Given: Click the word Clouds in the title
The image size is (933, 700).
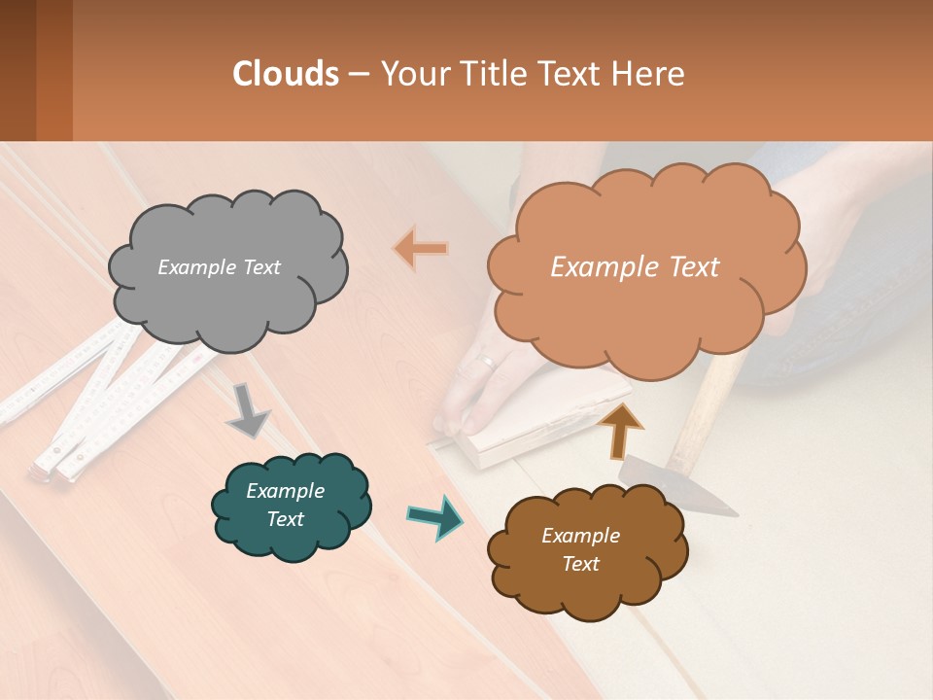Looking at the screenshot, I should click(286, 74).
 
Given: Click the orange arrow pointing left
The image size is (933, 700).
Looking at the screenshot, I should click(421, 249).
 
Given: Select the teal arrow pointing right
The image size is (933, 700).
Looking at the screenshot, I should click(434, 516).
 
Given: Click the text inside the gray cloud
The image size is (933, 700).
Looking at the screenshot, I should click(219, 267).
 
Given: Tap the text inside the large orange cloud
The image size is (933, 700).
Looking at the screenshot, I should click(635, 267).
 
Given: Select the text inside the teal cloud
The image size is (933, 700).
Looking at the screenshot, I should click(286, 505).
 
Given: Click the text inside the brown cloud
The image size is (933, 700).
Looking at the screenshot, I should click(580, 549).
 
